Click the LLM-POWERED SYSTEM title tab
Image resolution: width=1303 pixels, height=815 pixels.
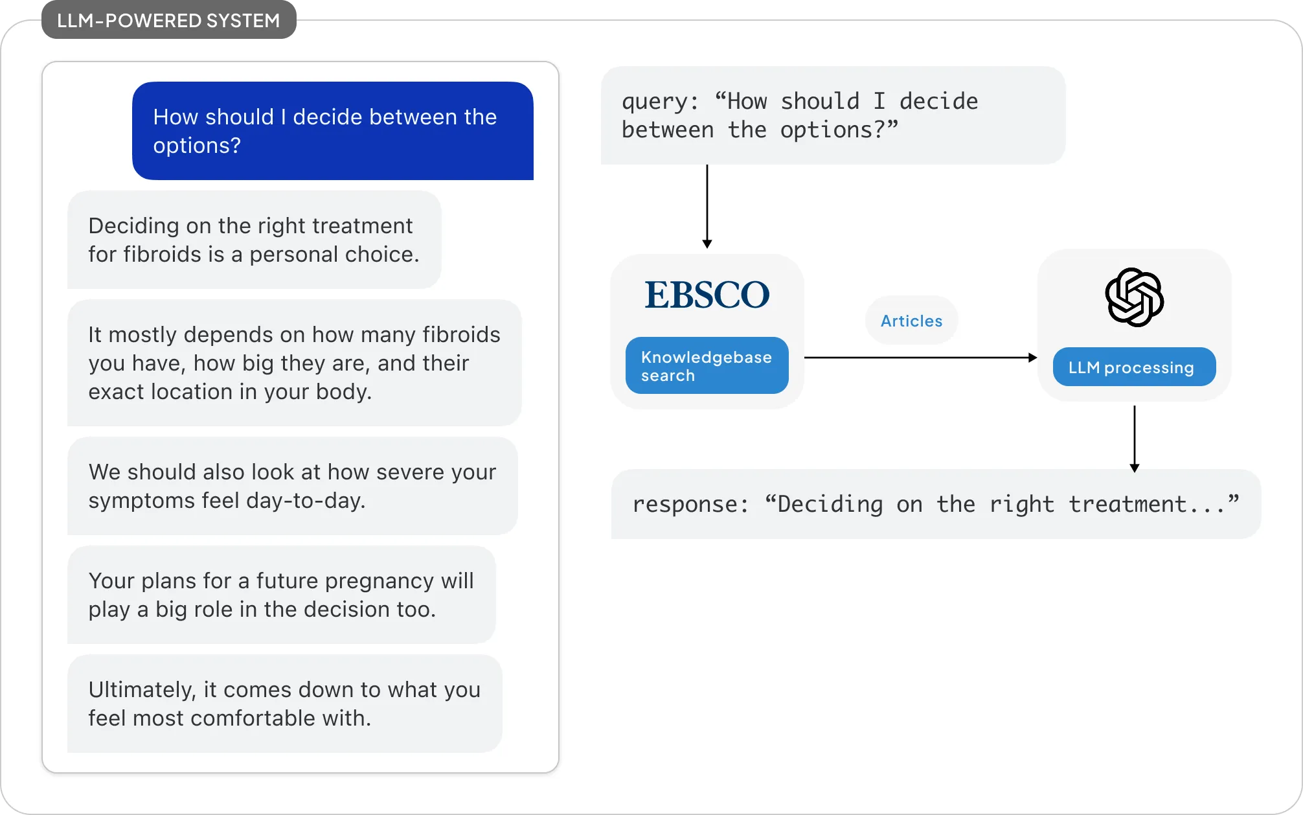click(x=168, y=21)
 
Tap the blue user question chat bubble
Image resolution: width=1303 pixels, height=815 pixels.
click(x=332, y=131)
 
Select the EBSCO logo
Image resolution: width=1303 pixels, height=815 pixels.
click(x=707, y=295)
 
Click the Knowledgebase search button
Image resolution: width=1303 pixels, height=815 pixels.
click(x=707, y=365)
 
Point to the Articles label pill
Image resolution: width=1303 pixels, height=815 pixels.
click(x=911, y=321)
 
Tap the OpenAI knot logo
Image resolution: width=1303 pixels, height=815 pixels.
click(x=1134, y=297)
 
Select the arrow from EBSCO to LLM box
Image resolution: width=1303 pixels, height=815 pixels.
click(x=920, y=358)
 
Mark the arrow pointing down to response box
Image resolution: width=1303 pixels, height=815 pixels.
click(x=1134, y=439)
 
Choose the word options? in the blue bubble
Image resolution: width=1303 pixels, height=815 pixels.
click(x=197, y=146)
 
